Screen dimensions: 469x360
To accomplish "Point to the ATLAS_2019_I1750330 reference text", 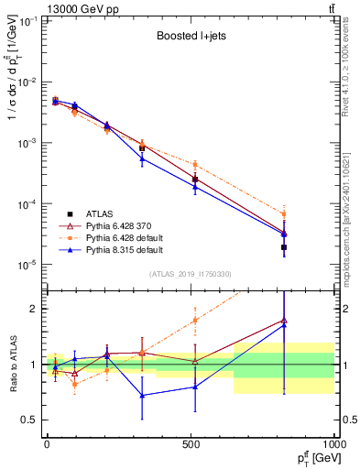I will [189, 273].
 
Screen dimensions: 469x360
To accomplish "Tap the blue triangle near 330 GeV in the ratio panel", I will [141, 396].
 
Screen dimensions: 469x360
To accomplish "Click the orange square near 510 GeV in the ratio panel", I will [194, 321].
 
